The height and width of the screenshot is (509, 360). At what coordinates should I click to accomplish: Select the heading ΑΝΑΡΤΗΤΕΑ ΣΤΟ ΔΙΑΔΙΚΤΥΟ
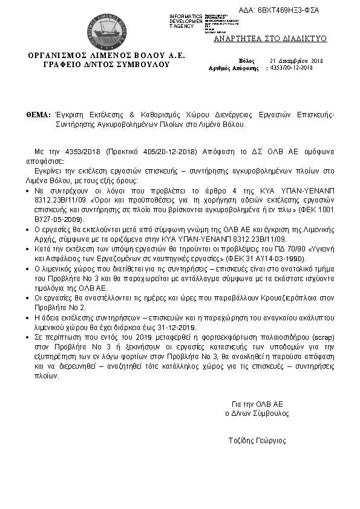click(x=270, y=38)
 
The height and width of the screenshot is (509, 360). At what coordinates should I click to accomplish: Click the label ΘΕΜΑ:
click(x=38, y=114)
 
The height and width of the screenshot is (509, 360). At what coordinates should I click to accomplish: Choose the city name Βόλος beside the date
click(x=247, y=62)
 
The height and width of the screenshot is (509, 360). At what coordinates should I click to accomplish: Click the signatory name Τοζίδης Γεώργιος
click(x=257, y=440)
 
